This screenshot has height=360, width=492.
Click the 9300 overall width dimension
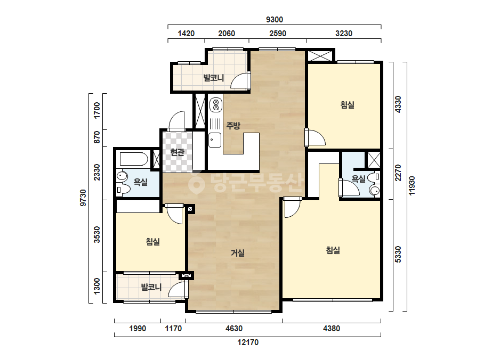[x=275, y=20]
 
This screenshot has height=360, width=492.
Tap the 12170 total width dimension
[x=248, y=342]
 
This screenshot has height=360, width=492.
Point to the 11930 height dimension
[x=412, y=186]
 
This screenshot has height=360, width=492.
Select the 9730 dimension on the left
[x=83, y=198]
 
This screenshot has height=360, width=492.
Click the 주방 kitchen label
[x=233, y=126]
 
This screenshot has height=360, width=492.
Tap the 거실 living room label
[x=238, y=253]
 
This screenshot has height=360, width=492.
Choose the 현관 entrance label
[x=178, y=153]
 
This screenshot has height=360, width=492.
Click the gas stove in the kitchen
[x=215, y=105]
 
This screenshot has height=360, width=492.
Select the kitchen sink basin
[x=215, y=140]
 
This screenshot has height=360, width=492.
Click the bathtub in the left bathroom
[x=134, y=159]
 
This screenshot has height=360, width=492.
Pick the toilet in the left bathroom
[x=123, y=190]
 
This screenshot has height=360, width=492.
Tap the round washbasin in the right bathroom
[x=374, y=190]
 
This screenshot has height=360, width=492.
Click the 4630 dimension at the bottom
[x=234, y=329]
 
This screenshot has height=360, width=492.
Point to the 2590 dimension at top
[x=278, y=33]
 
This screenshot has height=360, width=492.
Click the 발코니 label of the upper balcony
[x=214, y=77]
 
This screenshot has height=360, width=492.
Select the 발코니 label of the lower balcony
[x=151, y=287]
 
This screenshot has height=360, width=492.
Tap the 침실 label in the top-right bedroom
[x=348, y=105]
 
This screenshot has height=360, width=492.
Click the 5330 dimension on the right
[x=398, y=255]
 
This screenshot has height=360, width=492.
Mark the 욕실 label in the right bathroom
[x=358, y=179]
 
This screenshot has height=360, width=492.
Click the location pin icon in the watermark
[x=197, y=184]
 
